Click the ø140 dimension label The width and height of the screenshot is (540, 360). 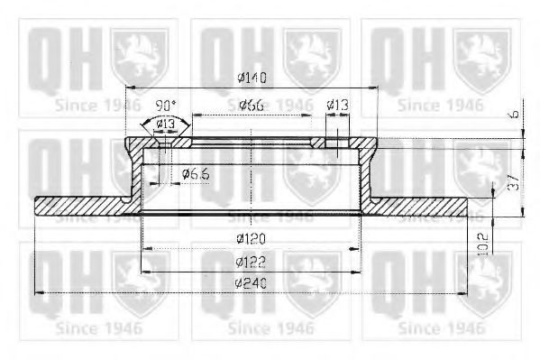coord(252,78)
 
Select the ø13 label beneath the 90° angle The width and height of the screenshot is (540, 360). coord(164,124)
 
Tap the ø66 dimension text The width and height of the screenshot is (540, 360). coord(252,106)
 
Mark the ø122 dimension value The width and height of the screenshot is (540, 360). coord(252,263)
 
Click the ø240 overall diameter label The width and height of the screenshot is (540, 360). coord(252,283)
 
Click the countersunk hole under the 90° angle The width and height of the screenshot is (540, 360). coord(163,141)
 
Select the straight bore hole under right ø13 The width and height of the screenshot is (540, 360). coord(336,142)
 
